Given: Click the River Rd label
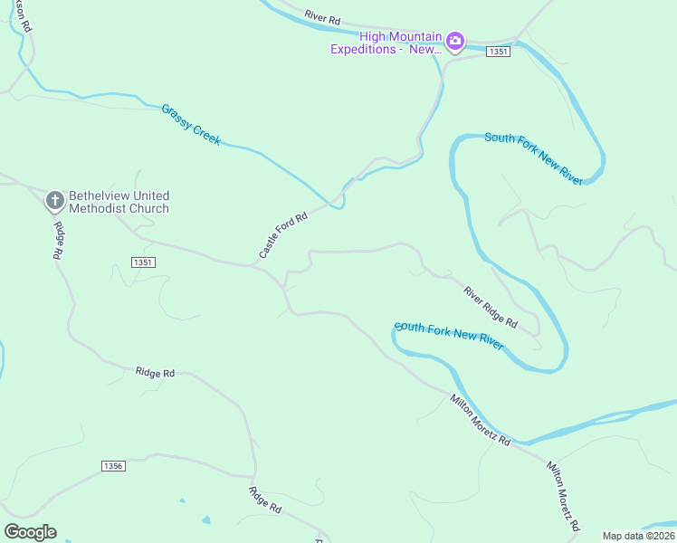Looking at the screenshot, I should pos(322,17).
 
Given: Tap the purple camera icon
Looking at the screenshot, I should pos(454,42).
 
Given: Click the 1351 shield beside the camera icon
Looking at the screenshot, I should pos(498,52).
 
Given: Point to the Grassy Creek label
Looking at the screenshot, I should pos(191,125).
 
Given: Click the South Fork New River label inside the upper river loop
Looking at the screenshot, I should pos(533,157).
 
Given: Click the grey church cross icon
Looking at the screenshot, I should pos(54,200).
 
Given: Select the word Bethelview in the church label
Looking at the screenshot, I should pos(100,195).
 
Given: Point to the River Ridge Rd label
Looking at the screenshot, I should pos(490,307).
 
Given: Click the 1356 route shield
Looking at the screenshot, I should pos(112,465).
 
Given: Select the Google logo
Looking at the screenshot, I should pos(31,532).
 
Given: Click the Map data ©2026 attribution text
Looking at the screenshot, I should pos(638,536).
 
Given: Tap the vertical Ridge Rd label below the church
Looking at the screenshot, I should pos(57,241).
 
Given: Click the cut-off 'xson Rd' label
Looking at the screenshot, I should pos(24,16).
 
